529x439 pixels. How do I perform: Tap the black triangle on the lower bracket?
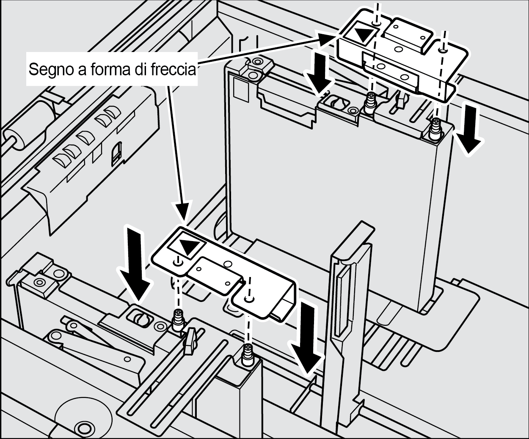pos(187,246)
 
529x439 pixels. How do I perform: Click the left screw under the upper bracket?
pos(371,102)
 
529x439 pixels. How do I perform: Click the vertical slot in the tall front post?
pos(340,302)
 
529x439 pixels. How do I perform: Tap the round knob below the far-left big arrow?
pos(140,318)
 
